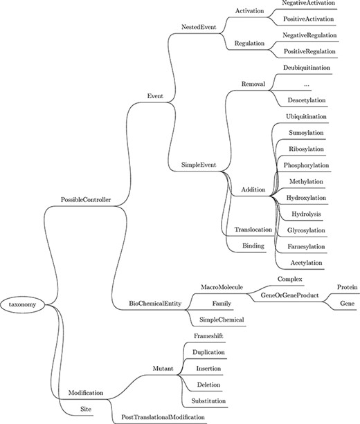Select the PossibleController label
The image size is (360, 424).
click(x=87, y=200)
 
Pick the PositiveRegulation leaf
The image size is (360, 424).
click(x=309, y=51)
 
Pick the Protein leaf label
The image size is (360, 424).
click(x=347, y=286)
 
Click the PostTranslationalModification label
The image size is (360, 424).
click(x=163, y=418)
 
